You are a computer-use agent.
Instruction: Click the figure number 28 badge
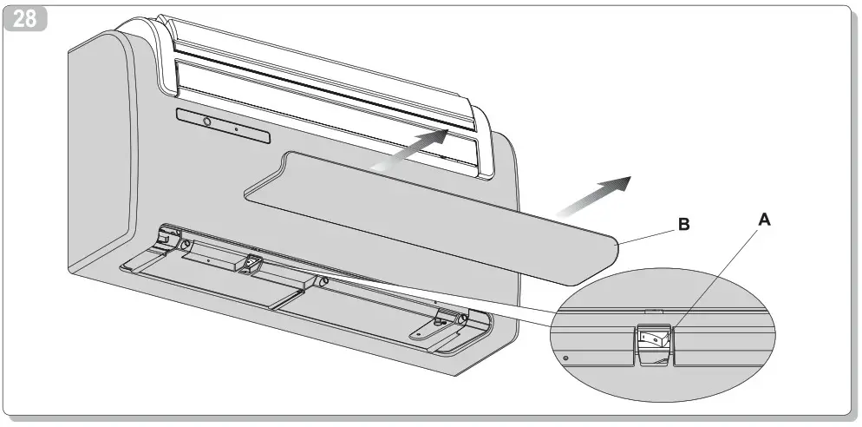pyautogui.click(x=25, y=19)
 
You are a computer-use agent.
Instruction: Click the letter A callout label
pyautogui.click(x=764, y=221)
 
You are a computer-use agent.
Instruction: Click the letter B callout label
pyautogui.click(x=683, y=225)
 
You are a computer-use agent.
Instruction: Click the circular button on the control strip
pyautogui.click(x=206, y=122)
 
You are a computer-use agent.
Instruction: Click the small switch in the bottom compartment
pyautogui.click(x=253, y=261)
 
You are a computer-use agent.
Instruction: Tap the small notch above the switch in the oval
pyautogui.click(x=655, y=308)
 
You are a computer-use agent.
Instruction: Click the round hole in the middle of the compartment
pyautogui.click(x=323, y=281)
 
